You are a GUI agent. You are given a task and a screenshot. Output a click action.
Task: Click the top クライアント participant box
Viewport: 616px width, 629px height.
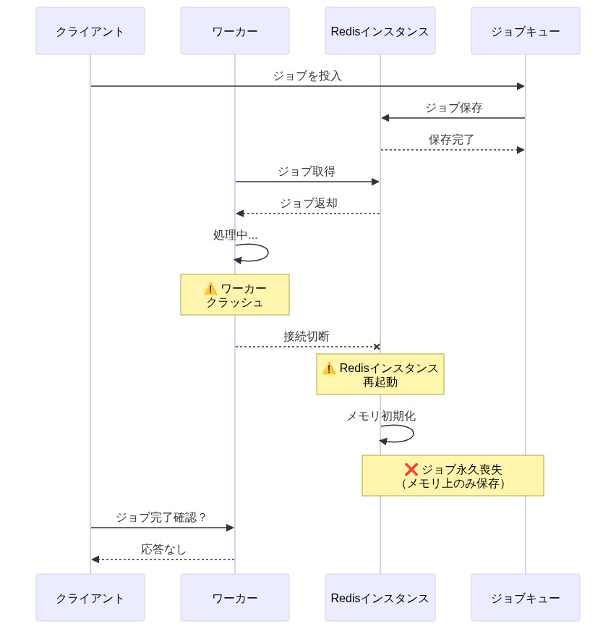pos(90,31)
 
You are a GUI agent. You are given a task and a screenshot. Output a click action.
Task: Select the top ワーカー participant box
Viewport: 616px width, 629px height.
pos(235,31)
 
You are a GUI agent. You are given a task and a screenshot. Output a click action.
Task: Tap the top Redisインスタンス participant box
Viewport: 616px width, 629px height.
pos(380,31)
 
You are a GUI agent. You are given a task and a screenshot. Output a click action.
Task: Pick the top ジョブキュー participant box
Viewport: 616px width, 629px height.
pos(525,31)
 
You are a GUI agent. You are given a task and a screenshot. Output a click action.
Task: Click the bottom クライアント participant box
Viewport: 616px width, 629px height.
pos(90,598)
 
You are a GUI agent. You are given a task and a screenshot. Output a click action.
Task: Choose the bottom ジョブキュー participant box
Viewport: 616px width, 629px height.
pos(525,598)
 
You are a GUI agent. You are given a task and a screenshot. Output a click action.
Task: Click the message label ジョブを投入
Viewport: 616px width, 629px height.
pos(307,76)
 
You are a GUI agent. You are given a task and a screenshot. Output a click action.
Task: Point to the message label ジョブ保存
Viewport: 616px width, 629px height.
pos(453,108)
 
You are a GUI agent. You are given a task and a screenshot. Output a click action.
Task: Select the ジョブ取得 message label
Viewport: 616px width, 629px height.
pos(307,172)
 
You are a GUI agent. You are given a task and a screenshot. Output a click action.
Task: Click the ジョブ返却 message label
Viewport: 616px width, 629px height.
pos(308,203)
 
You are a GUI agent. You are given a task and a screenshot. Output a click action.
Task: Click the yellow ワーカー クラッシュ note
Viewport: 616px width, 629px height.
pos(235,295)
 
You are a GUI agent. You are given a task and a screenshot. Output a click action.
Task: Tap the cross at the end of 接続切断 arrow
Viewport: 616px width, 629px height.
pos(377,347)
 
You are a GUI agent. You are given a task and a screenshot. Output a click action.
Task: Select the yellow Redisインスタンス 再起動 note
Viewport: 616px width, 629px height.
pos(380,374)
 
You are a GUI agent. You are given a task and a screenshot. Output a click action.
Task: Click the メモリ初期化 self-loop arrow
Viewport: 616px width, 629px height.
pos(412,434)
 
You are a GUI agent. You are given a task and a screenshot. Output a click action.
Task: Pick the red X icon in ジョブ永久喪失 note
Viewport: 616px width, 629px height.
pos(411,469)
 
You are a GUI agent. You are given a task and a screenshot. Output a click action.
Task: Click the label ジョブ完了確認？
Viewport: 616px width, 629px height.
pos(161,518)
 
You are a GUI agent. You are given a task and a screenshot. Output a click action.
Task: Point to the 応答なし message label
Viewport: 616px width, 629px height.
pos(163,549)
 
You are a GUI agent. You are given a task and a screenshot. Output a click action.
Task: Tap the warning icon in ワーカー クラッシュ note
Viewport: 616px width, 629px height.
pos(210,288)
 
